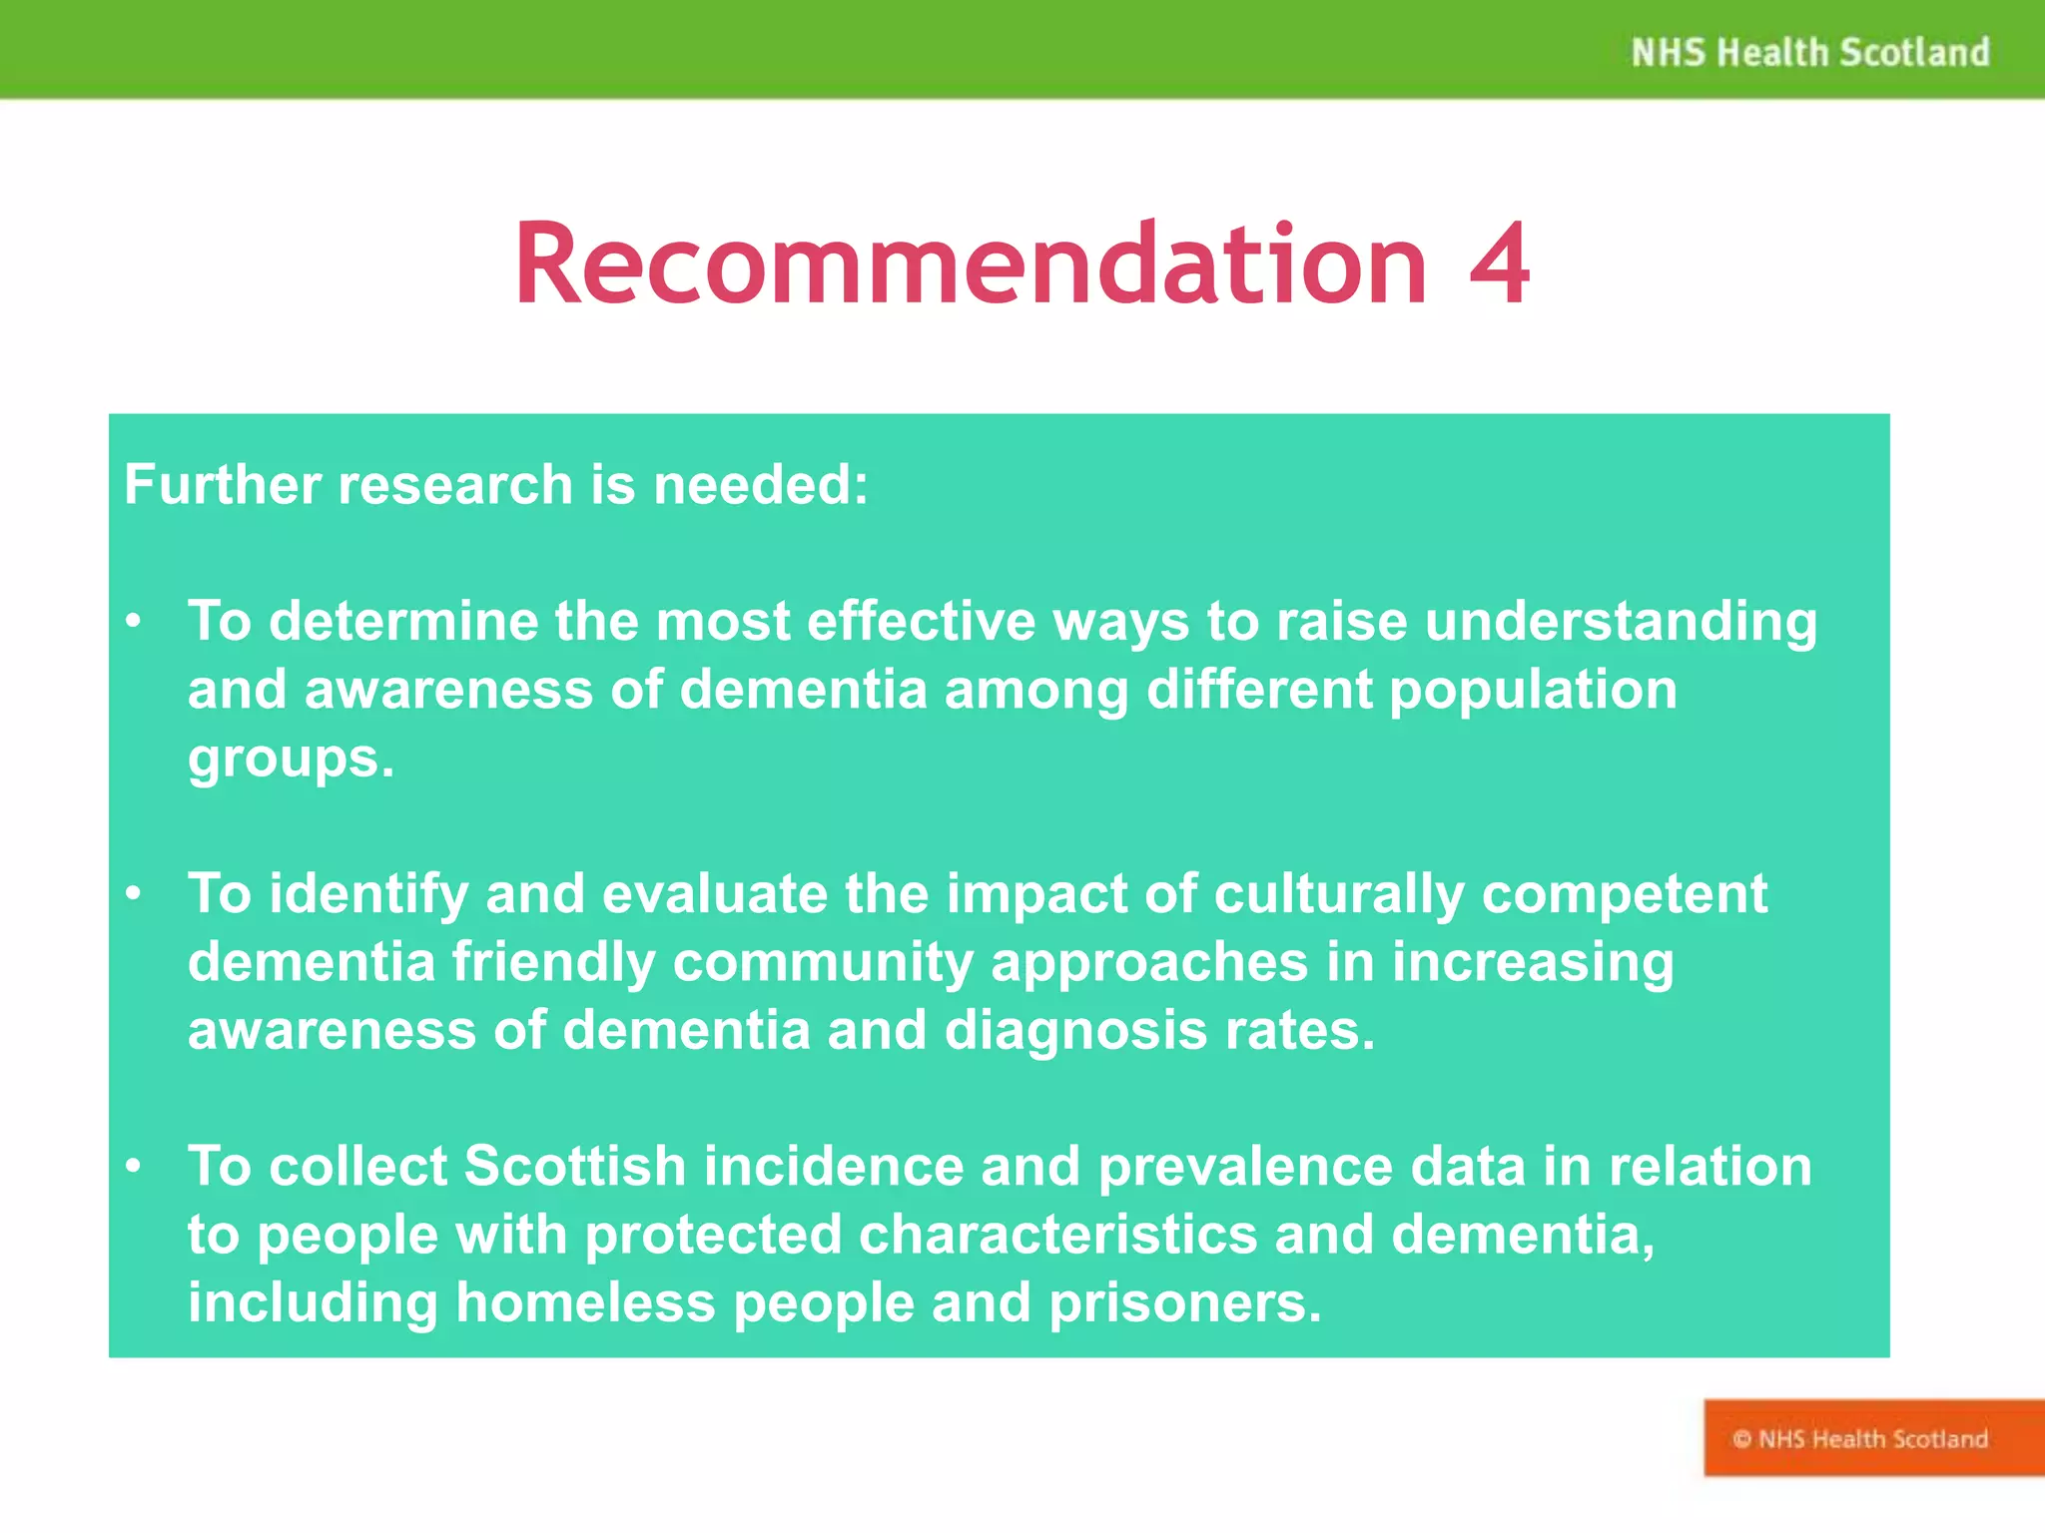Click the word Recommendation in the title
[970, 264]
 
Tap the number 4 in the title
[1499, 264]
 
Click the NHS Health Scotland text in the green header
[1809, 52]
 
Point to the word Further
[223, 485]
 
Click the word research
[455, 487]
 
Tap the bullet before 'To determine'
[134, 622]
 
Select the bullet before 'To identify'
[134, 894]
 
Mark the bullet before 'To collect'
[134, 1166]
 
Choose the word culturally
[1339, 894]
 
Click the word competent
[1625, 894]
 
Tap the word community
[823, 963]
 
